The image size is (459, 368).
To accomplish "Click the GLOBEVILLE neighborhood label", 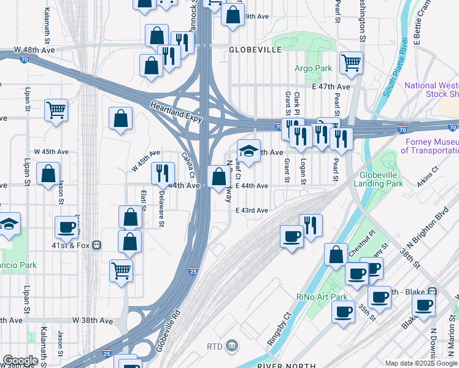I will [255, 49].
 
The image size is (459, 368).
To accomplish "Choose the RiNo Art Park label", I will [327, 297].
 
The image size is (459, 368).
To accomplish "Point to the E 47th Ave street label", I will [330, 87].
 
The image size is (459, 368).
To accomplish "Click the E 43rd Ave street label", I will [252, 210].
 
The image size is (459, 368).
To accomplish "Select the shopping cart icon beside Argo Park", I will [351, 61].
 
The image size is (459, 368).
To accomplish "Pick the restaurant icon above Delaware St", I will [163, 172].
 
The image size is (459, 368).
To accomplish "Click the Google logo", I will [20, 361].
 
